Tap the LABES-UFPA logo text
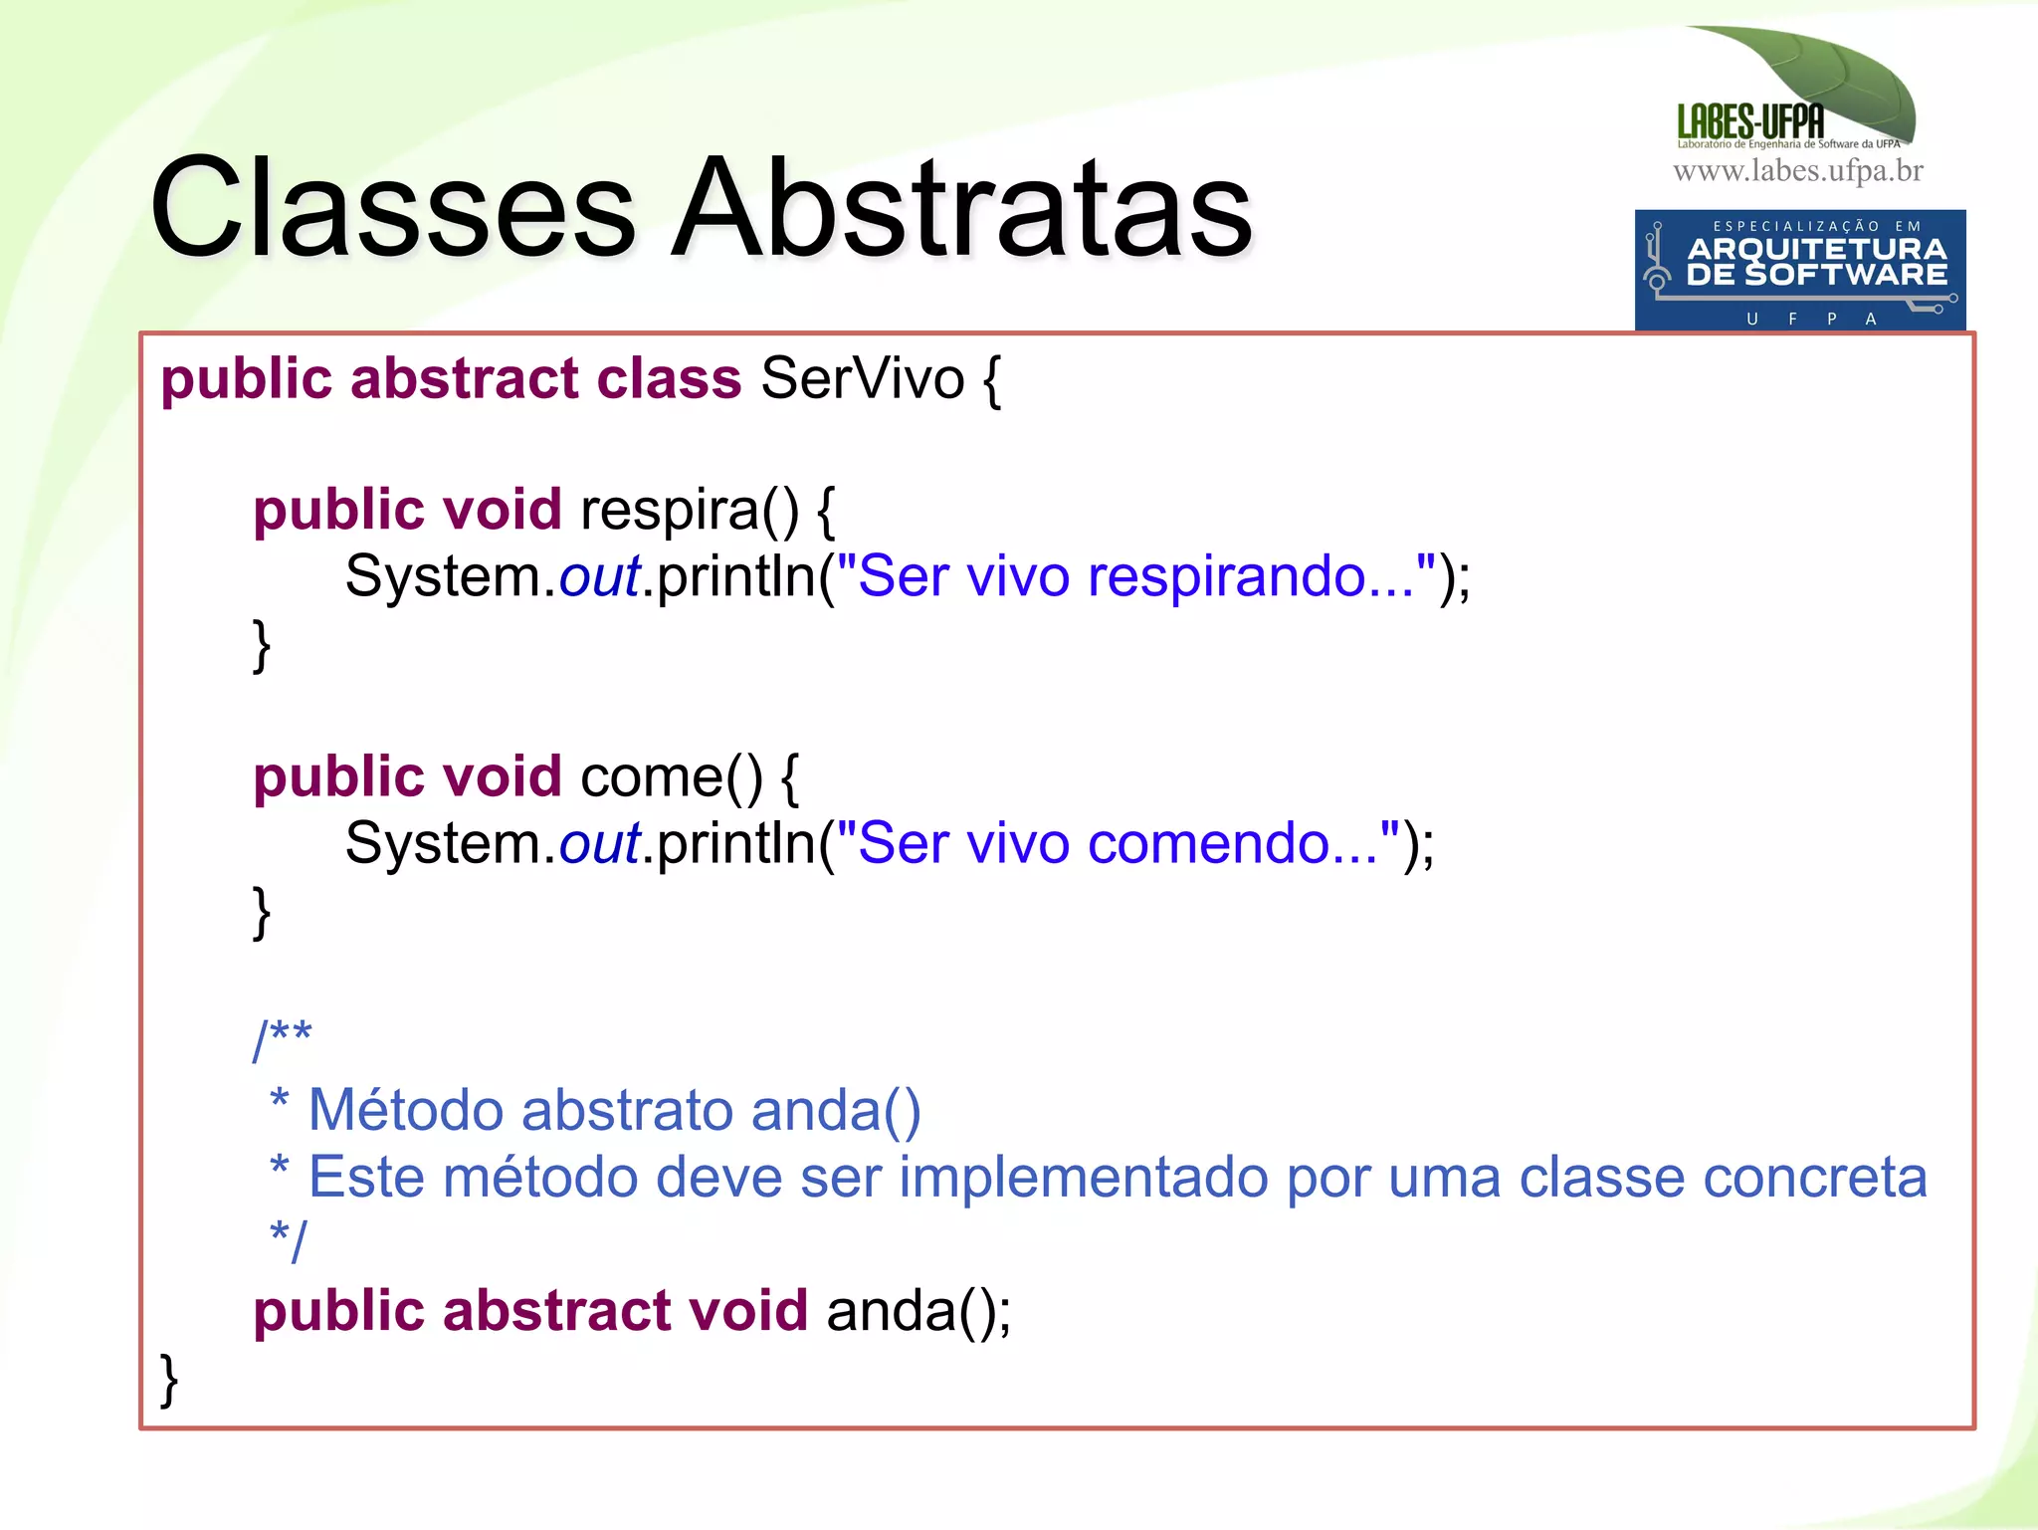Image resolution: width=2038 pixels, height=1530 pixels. (x=1750, y=121)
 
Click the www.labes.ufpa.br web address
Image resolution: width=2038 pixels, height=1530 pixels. (x=1797, y=171)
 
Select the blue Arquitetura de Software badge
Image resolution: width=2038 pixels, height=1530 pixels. (x=1799, y=269)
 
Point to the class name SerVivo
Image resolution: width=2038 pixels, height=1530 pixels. (x=862, y=378)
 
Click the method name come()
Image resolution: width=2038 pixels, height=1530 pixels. (x=671, y=776)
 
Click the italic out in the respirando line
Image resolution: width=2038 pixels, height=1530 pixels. (x=599, y=576)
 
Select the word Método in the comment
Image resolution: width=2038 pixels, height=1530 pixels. (x=405, y=1109)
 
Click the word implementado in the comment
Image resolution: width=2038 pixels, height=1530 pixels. (x=1084, y=1177)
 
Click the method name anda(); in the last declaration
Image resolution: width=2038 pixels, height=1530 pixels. (x=917, y=1310)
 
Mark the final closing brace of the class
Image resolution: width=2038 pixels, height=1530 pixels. (x=169, y=1380)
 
